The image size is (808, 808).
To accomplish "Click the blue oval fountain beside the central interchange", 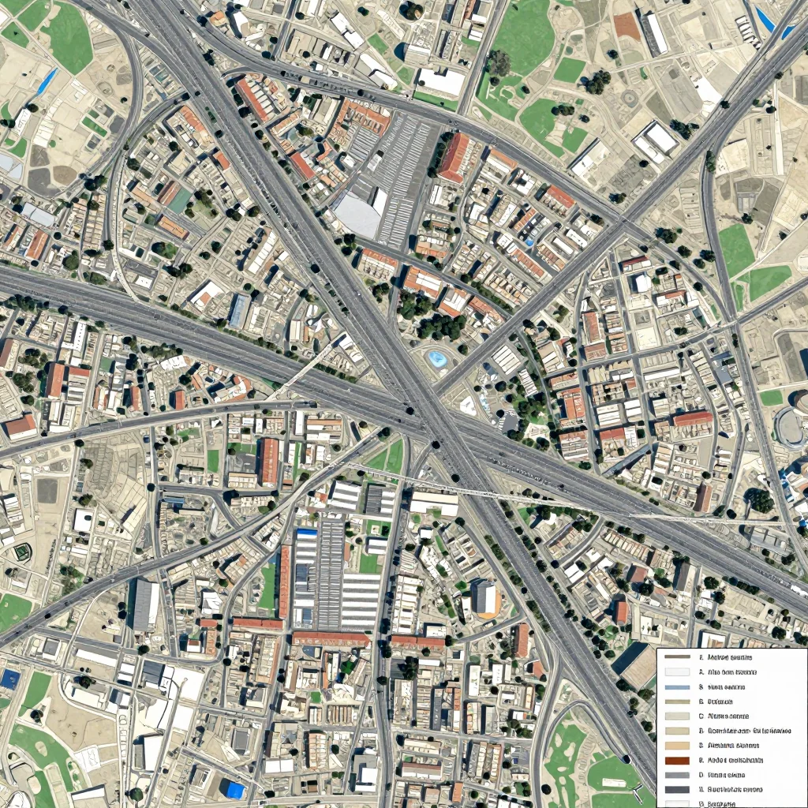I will [x=436, y=360].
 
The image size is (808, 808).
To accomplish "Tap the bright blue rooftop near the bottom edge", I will [x=234, y=789].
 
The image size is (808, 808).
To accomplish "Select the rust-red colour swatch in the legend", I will [x=678, y=761].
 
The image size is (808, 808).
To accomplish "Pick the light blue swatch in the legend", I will [x=678, y=687].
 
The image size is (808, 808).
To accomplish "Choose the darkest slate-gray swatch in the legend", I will [x=678, y=789].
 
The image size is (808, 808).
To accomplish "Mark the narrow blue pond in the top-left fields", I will [x=47, y=80].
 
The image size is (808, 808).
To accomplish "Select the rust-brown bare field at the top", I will [x=627, y=25].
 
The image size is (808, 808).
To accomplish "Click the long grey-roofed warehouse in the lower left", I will [x=145, y=604].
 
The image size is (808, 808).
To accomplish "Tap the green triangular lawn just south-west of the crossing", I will [x=390, y=458].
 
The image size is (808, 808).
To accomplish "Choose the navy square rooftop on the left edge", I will [x=9, y=679].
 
